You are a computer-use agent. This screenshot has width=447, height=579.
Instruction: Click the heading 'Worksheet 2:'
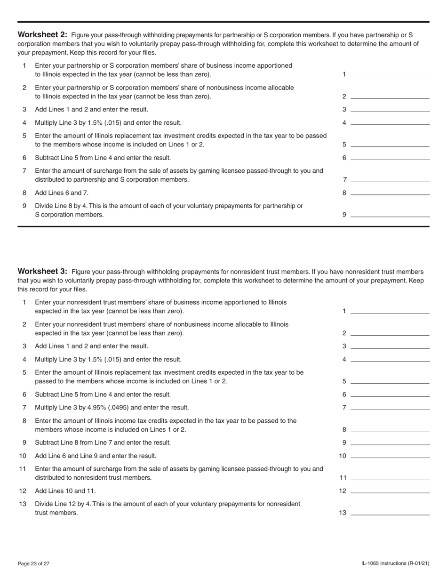tap(42, 35)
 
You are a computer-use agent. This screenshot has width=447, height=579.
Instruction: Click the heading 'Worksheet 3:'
tap(42, 272)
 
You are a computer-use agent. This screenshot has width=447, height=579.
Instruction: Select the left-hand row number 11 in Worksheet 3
tap(23, 469)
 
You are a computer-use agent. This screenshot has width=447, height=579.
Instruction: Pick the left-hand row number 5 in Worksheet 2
tap(24, 136)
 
